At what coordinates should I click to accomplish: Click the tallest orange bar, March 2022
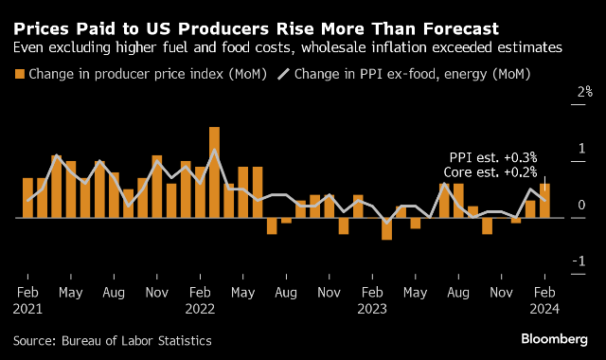pos(215,172)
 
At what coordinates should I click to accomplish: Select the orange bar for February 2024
pos(544,201)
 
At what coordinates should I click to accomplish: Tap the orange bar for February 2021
pos(27,198)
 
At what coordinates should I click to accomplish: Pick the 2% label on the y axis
pos(585,92)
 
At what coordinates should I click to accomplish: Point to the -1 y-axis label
pos(579,261)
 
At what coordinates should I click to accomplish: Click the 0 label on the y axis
pos(581,205)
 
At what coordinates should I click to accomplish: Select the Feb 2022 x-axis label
pos(200,300)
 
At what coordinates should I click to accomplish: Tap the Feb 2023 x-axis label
pos(372,300)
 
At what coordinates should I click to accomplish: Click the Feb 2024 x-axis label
pos(544,300)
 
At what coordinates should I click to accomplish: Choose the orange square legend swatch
pos(19,74)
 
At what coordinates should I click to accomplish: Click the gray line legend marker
pos(283,74)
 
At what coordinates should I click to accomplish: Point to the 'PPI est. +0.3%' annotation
pos(493,157)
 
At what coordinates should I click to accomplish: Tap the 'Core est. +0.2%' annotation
pos(490,172)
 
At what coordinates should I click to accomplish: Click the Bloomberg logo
pos(555,339)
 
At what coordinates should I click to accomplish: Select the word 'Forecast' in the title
pos(461,29)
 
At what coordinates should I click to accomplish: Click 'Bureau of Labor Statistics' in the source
pos(136,341)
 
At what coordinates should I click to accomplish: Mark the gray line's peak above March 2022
pos(215,150)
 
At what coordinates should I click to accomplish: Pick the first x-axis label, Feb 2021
pos(27,300)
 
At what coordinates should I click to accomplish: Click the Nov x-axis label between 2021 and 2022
pos(157,293)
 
